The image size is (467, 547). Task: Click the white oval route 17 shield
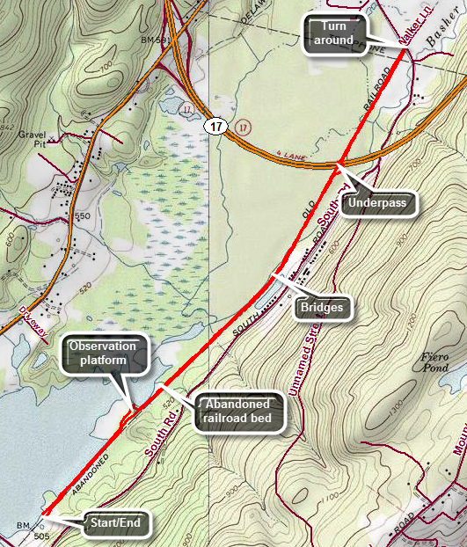[x=215, y=128]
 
